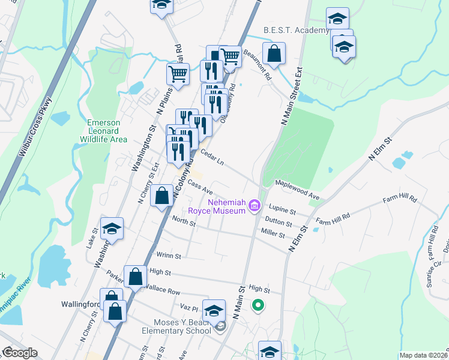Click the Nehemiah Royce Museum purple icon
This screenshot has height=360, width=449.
coord(255,207)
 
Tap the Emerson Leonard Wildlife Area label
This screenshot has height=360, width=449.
coord(103,131)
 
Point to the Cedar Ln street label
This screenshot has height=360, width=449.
coord(212,157)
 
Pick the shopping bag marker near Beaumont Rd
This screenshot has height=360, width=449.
coord(274,53)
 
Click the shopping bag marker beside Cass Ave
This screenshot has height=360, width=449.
coord(162,196)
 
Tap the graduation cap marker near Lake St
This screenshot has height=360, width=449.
coord(112,229)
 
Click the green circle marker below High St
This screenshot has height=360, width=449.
coord(258,306)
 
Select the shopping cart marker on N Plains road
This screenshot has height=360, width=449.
coord(178,74)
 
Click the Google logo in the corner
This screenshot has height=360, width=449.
coord(19,353)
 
